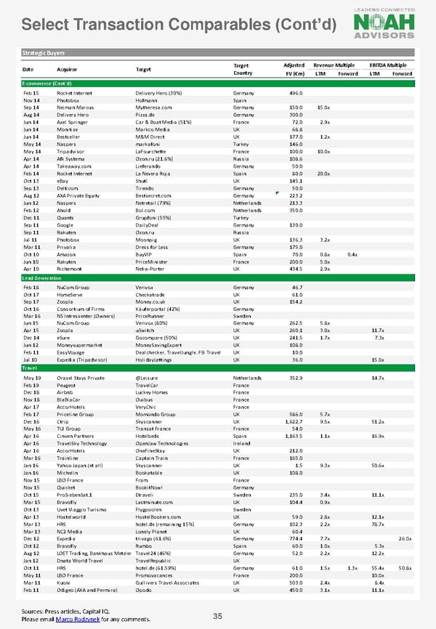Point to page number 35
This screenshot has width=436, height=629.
217,617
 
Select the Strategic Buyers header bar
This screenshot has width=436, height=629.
218,54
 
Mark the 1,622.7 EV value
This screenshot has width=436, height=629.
292,421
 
